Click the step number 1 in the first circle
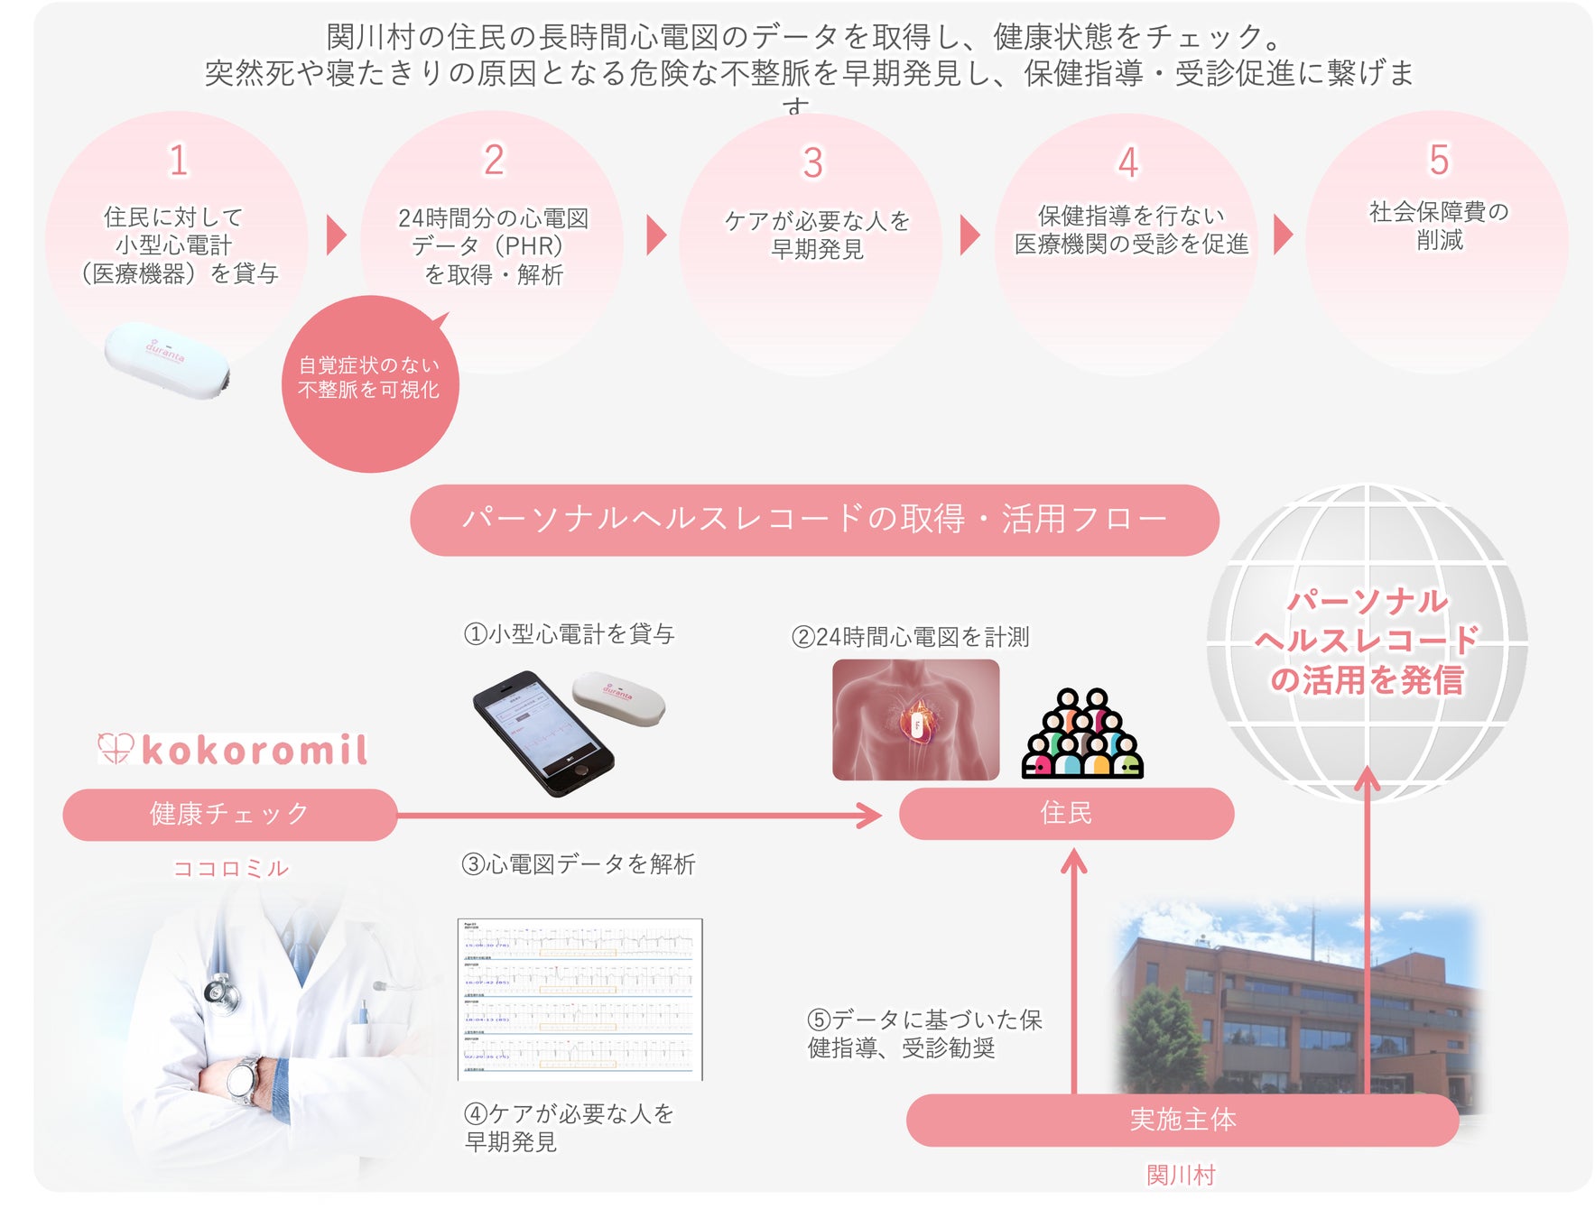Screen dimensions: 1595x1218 (x=179, y=161)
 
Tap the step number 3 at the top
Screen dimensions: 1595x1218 (x=812, y=163)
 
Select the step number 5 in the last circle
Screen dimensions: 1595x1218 (x=1439, y=161)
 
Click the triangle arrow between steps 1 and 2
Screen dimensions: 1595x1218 (x=336, y=235)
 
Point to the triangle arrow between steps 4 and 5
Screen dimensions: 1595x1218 (x=1282, y=235)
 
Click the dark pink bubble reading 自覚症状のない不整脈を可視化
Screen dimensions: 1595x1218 (x=369, y=383)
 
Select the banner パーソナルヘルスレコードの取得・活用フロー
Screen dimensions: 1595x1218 (x=814, y=520)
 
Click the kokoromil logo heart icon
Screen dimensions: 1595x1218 (x=116, y=749)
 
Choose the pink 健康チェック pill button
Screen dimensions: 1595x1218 (x=229, y=814)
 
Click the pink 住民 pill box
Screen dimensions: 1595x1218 (x=1066, y=813)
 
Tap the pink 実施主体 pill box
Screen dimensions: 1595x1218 (x=1182, y=1120)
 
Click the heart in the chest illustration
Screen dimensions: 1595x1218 (x=917, y=722)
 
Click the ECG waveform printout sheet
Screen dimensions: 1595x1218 (x=580, y=999)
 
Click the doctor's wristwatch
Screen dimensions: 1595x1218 (x=244, y=1078)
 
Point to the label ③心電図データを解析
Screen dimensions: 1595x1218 (x=579, y=864)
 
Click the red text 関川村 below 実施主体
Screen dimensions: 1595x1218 (x=1181, y=1175)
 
